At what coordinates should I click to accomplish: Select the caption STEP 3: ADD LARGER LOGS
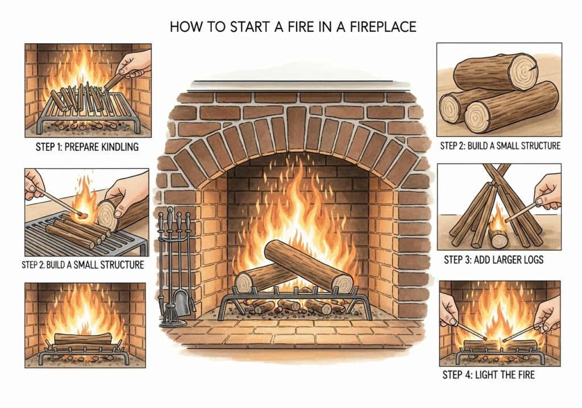pos(493,260)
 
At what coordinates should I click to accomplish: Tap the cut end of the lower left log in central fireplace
pos(244,283)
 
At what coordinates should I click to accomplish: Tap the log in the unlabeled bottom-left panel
pos(84,340)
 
